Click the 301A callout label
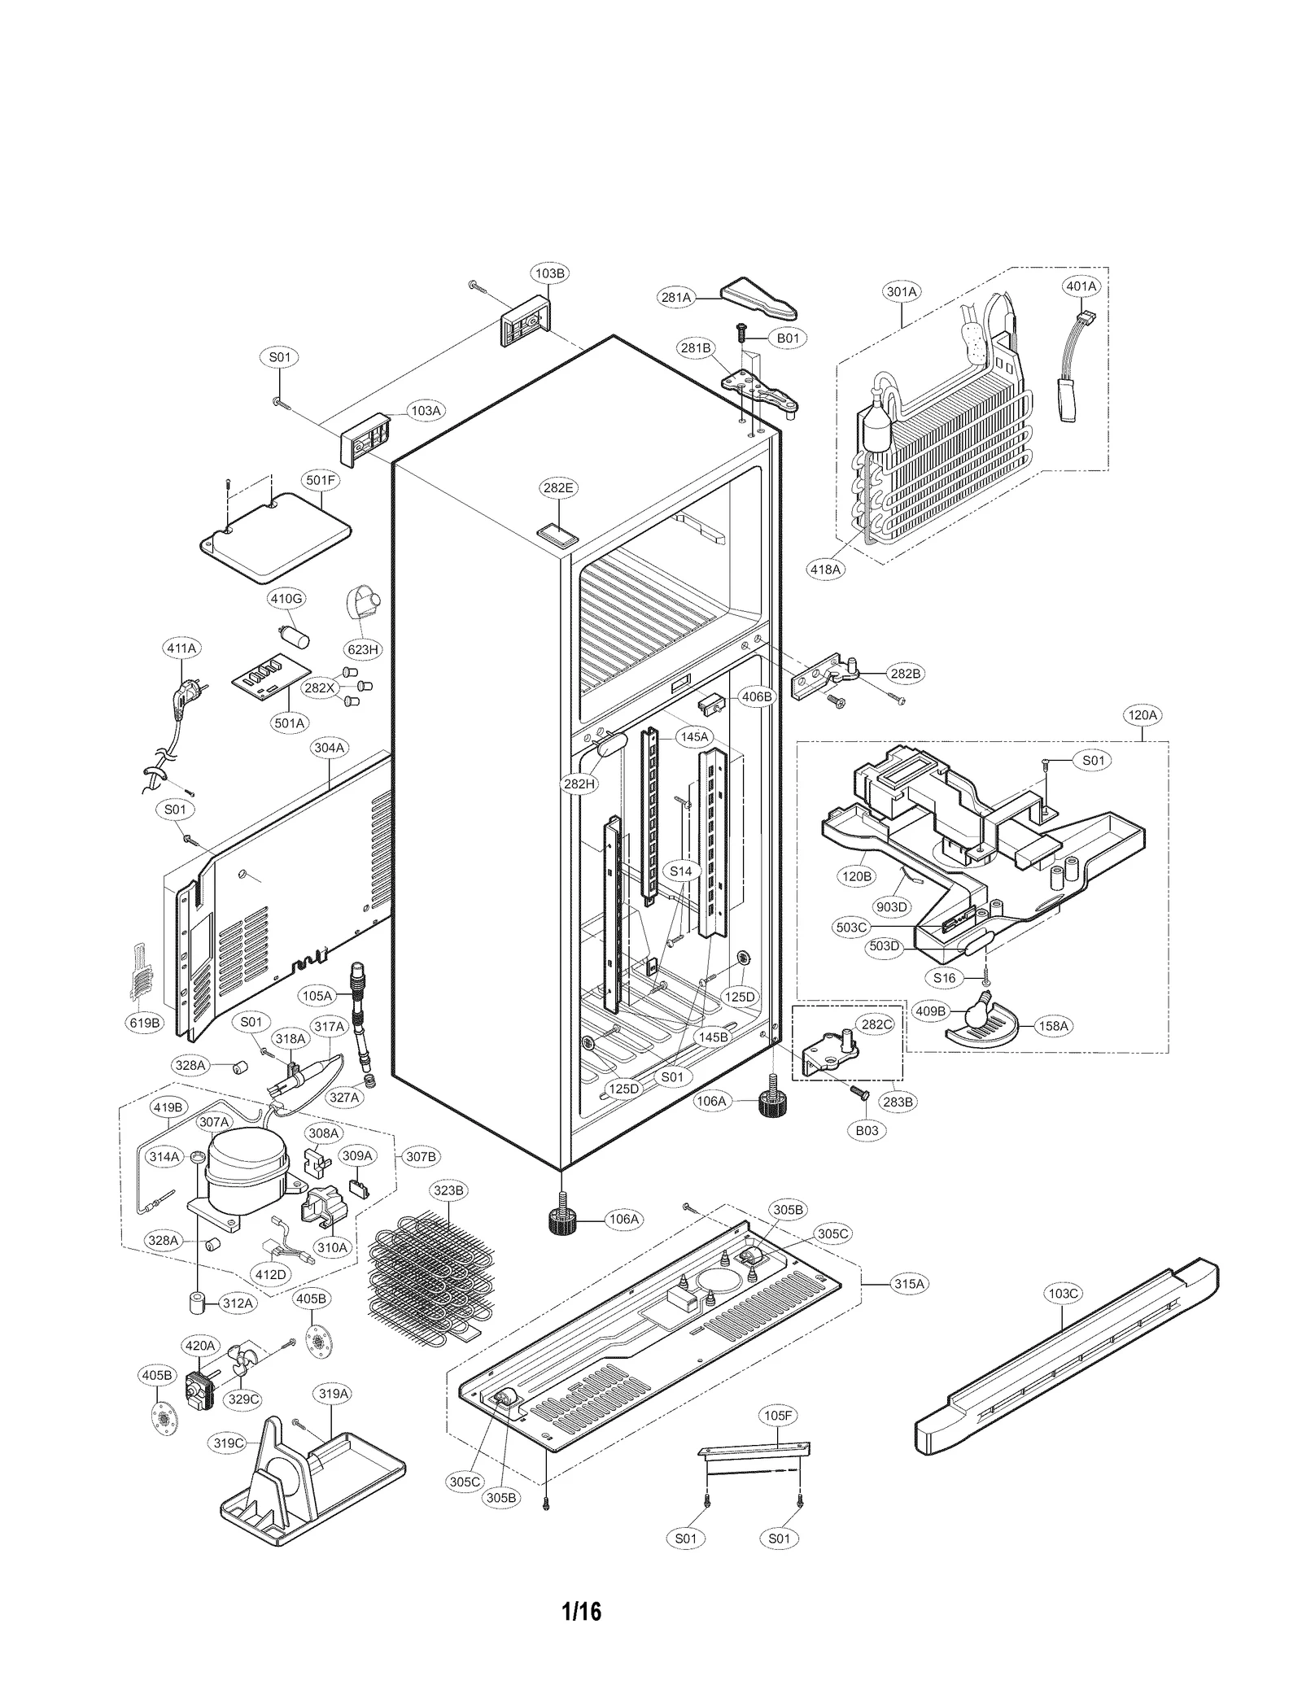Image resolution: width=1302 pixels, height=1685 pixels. pos(901,291)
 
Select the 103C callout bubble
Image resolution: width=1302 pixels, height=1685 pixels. pos(1063,1293)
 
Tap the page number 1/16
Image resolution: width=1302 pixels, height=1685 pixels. pos(581,1611)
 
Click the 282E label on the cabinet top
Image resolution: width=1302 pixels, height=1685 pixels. pos(557,488)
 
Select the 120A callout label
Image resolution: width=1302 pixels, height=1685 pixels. pos(1142,715)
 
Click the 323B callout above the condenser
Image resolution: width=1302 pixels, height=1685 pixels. pos(448,1190)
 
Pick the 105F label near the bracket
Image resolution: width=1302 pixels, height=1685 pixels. pos(777,1416)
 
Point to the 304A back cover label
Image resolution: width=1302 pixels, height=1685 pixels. pos(329,747)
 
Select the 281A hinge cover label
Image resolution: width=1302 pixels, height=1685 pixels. pos(675,298)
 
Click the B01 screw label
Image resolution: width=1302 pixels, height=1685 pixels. pos(787,337)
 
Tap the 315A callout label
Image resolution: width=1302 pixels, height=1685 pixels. pos(909,1283)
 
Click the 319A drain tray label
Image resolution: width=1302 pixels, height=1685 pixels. pos(333,1394)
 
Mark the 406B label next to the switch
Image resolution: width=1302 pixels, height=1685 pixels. pos(757,696)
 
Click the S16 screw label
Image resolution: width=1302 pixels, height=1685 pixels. pos(944,978)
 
